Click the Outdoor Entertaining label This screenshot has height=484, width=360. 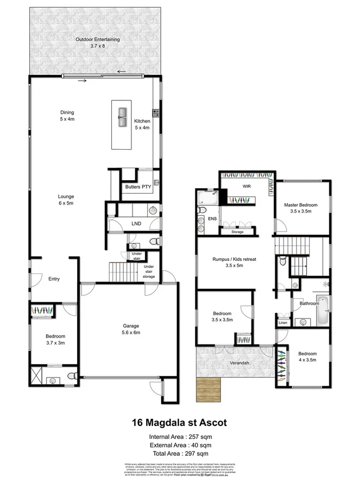pos(98,42)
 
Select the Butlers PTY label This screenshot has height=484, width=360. pos(138,187)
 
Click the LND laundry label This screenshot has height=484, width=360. pos(136,224)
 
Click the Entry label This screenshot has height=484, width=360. pos(53,279)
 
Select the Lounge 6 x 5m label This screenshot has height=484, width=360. pos(67,199)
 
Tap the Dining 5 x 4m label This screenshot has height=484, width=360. pos(67,116)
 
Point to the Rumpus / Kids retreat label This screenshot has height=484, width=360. pos(233,263)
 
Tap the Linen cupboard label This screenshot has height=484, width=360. pos(282,323)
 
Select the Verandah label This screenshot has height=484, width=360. pos(239,362)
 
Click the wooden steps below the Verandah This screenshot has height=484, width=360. pos(210,388)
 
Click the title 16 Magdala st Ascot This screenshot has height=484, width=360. pos(179,421)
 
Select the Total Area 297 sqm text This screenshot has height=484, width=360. pos(179,453)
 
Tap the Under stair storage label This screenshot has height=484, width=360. pos(149,271)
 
